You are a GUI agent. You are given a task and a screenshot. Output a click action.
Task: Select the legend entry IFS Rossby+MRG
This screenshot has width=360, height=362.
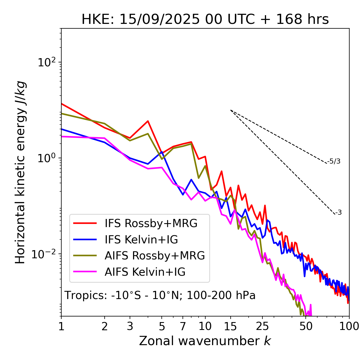(151, 223)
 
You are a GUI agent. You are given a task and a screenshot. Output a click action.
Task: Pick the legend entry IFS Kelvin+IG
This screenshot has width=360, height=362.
(141, 240)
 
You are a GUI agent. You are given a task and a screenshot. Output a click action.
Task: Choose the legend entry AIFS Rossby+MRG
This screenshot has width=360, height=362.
(155, 256)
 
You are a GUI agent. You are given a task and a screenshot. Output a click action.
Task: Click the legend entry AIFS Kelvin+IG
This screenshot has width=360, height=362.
(145, 272)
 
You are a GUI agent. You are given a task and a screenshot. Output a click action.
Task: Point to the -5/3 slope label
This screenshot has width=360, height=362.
(334, 161)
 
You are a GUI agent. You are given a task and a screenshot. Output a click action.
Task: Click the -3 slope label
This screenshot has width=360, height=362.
(339, 213)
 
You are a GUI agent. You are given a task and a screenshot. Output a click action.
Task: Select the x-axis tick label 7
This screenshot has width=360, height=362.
(183, 326)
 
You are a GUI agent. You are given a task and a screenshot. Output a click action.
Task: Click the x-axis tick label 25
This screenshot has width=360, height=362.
(262, 326)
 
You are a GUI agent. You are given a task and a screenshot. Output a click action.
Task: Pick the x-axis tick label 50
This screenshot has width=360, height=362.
(306, 326)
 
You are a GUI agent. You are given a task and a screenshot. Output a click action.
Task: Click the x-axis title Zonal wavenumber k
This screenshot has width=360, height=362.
(205, 341)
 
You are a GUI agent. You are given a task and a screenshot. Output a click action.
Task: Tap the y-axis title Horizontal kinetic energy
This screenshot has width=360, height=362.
(21, 172)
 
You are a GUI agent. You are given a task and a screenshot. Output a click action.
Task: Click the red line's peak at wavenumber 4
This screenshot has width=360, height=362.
(148, 121)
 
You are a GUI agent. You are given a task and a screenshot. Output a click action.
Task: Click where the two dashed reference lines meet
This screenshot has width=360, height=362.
(231, 110)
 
